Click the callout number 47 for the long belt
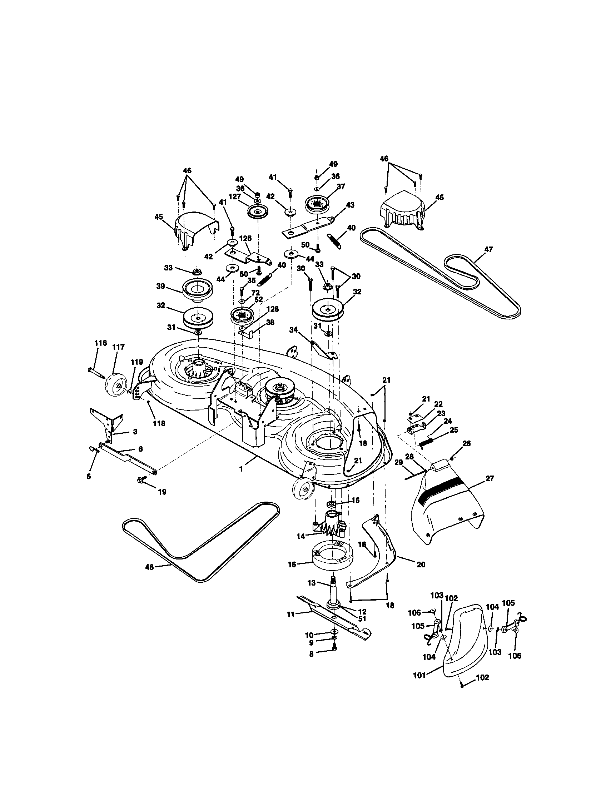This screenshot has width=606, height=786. [488, 249]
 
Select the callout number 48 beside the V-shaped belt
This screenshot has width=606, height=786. [149, 567]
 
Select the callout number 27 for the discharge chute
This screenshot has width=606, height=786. [490, 478]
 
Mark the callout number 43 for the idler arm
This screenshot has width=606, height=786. [350, 205]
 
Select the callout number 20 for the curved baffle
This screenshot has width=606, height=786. [420, 564]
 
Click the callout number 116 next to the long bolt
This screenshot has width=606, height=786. [100, 343]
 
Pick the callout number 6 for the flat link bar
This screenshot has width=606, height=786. [140, 449]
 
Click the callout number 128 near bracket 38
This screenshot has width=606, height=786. [272, 309]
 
